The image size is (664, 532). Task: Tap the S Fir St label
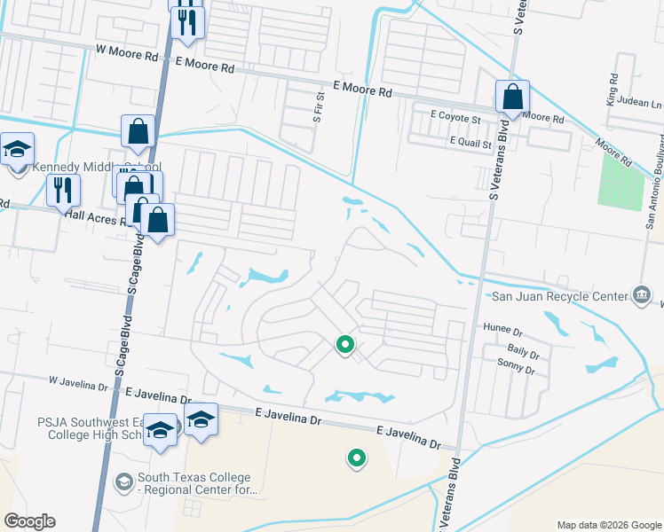tap(318, 106)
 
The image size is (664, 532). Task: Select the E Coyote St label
tap(455, 117)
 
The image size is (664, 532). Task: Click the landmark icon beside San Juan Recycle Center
tap(641, 294)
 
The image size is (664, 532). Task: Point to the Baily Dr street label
tap(523, 351)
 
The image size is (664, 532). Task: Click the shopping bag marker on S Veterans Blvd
tap(513, 97)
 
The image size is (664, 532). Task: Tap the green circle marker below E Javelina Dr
tap(357, 458)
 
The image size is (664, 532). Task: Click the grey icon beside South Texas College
tap(124, 480)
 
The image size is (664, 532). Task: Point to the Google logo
tap(29, 520)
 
